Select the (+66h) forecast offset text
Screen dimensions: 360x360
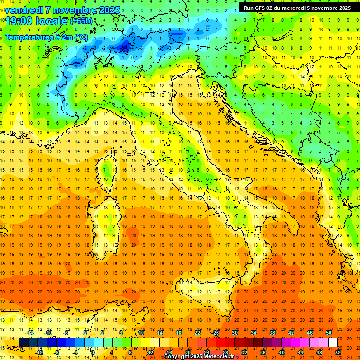(81, 21)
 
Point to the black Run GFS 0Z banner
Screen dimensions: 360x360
(297, 7)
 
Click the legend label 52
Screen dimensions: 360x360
(338, 352)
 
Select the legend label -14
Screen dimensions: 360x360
(30, 333)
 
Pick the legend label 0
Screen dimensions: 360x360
(93, 352)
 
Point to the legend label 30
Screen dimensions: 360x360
(234, 333)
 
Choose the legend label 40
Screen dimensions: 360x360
(281, 352)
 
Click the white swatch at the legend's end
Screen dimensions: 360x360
(333, 343)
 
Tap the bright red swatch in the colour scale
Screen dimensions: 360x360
(220, 343)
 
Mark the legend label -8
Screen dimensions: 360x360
(57, 352)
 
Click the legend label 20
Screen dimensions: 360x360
(187, 352)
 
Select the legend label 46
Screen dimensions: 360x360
(309, 333)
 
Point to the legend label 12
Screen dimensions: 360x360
(150, 352)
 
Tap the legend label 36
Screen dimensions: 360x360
(262, 352)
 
